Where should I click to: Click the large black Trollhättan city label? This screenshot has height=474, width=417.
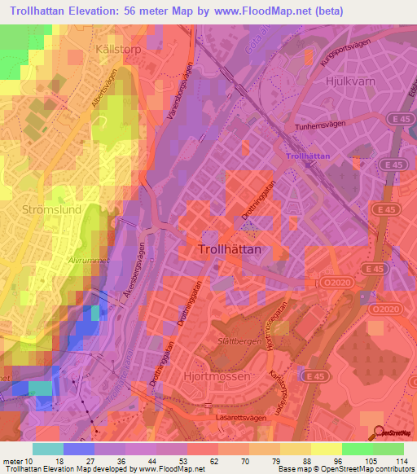point(230,251)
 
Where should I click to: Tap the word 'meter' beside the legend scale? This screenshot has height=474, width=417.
point(14,461)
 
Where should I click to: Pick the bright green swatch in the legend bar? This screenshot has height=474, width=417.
point(357,449)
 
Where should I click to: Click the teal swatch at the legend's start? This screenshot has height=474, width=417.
point(48,449)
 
